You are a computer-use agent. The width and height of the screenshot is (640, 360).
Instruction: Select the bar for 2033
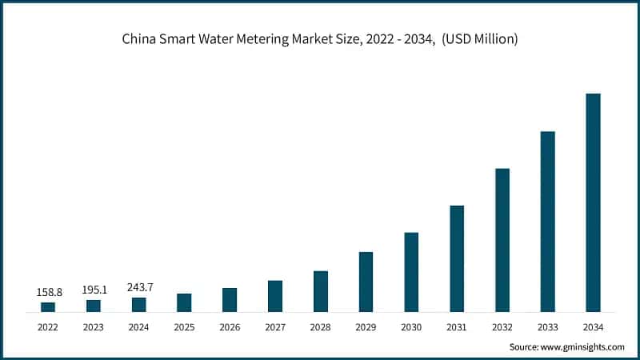547,222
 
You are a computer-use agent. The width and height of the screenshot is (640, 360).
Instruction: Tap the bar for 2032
502,240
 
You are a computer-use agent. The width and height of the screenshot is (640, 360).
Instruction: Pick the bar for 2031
457,258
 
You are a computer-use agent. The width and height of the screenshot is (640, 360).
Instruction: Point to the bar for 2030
411,272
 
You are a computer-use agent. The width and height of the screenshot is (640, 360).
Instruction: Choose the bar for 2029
366,282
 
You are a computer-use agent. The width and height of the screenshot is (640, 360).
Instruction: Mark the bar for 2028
321,291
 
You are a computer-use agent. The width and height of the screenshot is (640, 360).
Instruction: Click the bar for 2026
230,300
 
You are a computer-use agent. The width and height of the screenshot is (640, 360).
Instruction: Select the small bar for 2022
48,306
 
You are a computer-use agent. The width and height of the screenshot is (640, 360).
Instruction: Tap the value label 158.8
49,293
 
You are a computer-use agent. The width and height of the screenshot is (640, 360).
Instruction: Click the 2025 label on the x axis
184,327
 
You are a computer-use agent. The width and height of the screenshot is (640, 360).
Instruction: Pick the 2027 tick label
275,327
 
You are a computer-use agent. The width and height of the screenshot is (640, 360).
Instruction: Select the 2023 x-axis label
94,327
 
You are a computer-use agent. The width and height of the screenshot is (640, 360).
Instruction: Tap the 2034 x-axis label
593,327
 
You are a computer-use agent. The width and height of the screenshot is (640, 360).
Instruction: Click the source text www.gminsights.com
582,347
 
